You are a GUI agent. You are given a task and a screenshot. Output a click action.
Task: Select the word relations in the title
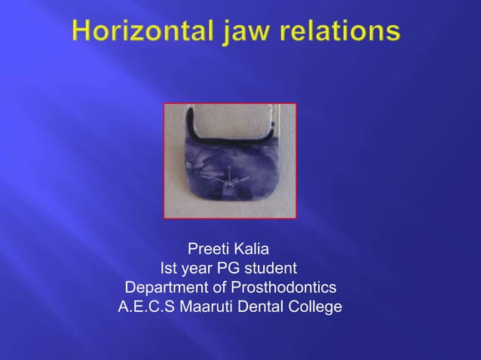coord(347,32)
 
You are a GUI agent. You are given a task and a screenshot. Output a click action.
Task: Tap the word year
coord(199,269)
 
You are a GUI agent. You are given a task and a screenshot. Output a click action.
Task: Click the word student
coord(271,269)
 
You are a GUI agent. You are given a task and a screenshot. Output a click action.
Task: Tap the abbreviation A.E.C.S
coord(146,308)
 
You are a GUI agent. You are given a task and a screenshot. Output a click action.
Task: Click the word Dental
coord(262,308)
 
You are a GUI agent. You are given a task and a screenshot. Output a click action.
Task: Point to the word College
coord(314,308)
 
